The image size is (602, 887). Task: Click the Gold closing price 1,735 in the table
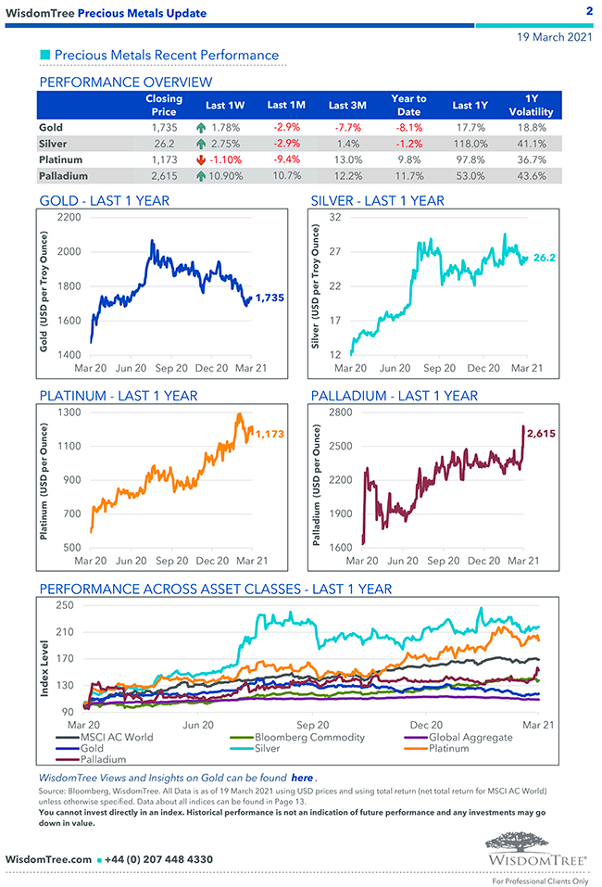click(x=164, y=127)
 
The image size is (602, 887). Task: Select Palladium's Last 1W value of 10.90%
click(x=227, y=175)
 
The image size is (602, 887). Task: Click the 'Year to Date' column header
click(x=408, y=105)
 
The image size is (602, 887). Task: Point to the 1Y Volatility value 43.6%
click(x=532, y=175)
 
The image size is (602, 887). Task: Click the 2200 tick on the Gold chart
click(x=69, y=217)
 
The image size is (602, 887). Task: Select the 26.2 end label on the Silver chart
click(x=544, y=258)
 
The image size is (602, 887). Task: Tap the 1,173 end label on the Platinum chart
click(x=271, y=433)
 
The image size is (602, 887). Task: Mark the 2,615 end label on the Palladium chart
click(x=542, y=432)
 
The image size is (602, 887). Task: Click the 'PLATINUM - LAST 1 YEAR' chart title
click(x=119, y=396)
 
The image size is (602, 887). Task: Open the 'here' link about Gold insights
click(x=302, y=777)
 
